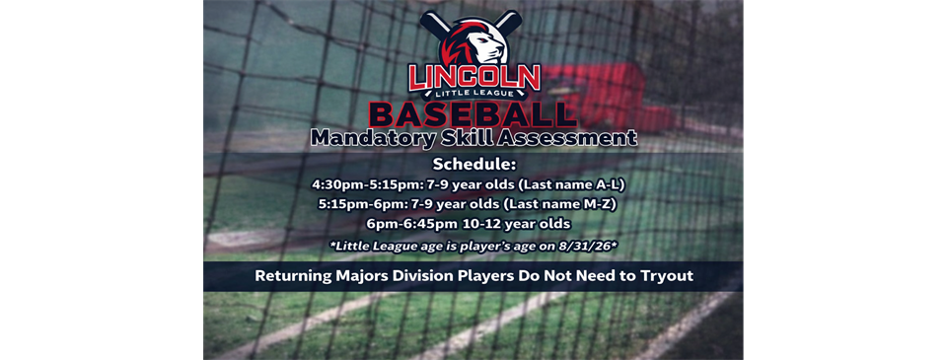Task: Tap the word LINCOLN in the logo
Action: pyautogui.click(x=474, y=77)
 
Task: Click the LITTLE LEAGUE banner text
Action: pyautogui.click(x=474, y=94)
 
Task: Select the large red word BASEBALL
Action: pyautogui.click(x=474, y=112)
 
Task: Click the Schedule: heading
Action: pyautogui.click(x=474, y=164)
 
